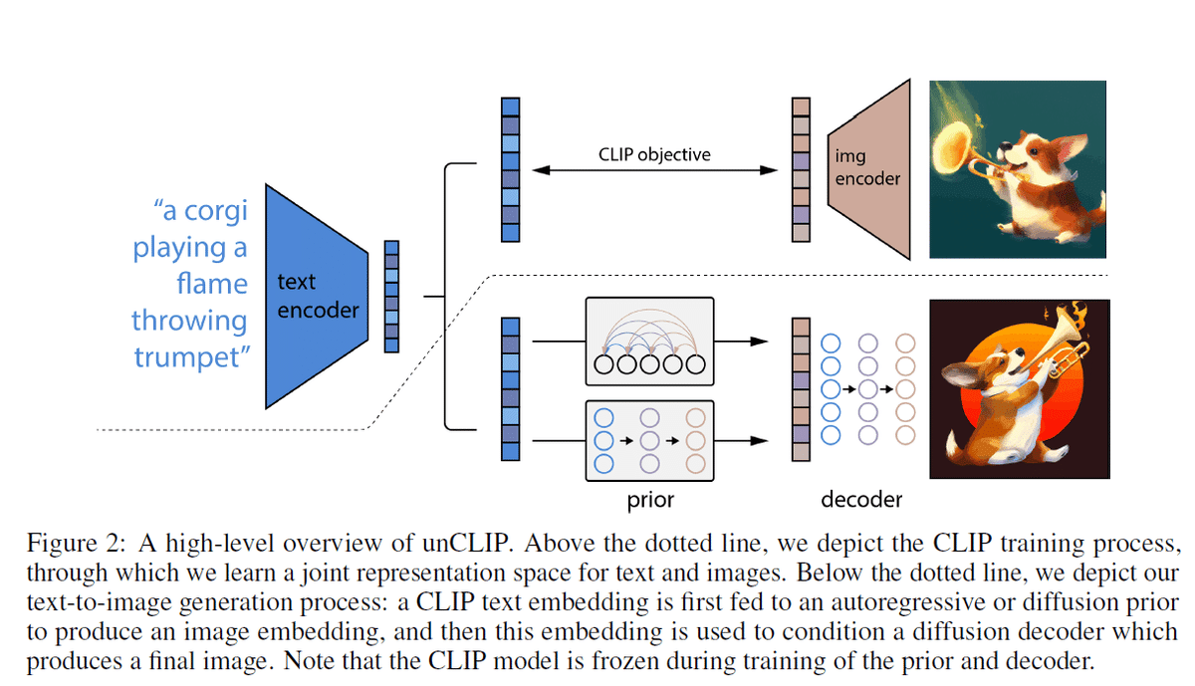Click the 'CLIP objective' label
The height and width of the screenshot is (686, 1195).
point(654,154)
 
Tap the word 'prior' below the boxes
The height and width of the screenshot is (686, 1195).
point(650,501)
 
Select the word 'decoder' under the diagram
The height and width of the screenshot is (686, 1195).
point(861,499)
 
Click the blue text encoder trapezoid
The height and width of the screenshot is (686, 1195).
point(317,297)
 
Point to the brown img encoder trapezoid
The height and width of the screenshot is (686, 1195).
point(869,169)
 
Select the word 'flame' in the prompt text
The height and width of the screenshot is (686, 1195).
point(212,283)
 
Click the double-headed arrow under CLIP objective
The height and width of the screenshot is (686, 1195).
point(654,170)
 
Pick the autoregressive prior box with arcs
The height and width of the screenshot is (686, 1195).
point(649,342)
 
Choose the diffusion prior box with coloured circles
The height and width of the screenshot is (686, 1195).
point(649,441)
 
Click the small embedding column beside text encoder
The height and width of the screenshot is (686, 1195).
point(391,297)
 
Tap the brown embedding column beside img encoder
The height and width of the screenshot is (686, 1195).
point(801,169)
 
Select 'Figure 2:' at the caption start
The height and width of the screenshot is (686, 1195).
point(77,544)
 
